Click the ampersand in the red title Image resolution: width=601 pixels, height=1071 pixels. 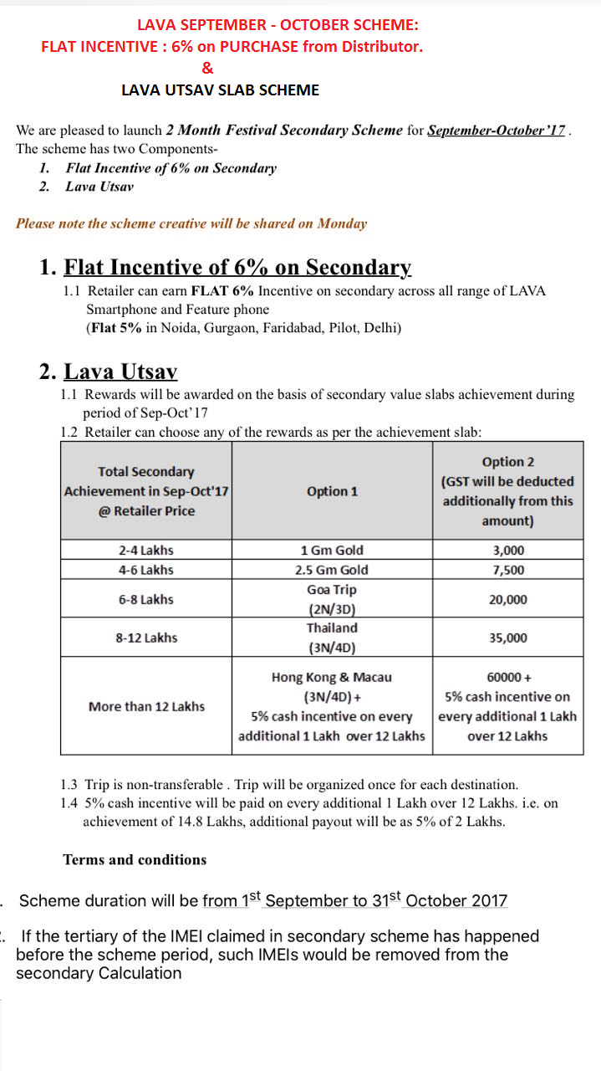pyautogui.click(x=207, y=68)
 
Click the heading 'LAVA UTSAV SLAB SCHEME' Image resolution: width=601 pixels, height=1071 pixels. pyautogui.click(x=220, y=90)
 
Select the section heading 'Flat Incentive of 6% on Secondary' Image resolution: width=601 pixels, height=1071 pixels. pyautogui.click(x=238, y=267)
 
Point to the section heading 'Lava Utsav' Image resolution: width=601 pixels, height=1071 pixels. pyautogui.click(x=121, y=371)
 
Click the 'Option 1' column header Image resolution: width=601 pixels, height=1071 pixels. pyautogui.click(x=332, y=491)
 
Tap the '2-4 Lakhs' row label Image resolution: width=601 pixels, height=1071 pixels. pyautogui.click(x=146, y=551)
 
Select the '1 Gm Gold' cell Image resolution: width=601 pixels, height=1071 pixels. pyautogui.click(x=332, y=551)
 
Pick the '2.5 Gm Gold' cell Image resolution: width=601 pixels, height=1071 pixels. pyautogui.click(x=332, y=570)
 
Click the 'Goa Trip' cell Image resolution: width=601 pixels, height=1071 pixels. pyautogui.click(x=332, y=590)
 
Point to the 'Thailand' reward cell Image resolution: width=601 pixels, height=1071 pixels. pyautogui.click(x=332, y=628)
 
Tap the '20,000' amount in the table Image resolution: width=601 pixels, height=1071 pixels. pyautogui.click(x=507, y=599)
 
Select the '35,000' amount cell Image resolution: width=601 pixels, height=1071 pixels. pyautogui.click(x=507, y=638)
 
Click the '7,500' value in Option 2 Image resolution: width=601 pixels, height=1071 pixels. pyautogui.click(x=507, y=570)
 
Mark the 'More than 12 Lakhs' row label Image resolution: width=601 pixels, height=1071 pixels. pyautogui.click(x=146, y=706)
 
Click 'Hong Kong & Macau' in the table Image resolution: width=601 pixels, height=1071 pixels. pyautogui.click(x=332, y=678)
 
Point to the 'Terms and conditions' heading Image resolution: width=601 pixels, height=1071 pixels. pyautogui.click(x=135, y=859)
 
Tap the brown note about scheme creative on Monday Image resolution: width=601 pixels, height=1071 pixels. pyautogui.click(x=191, y=223)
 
